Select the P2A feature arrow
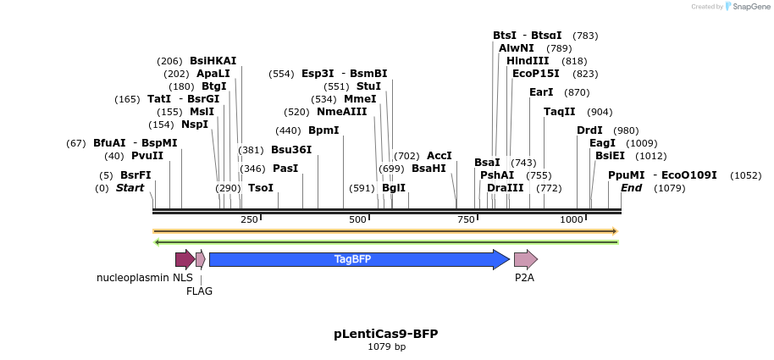[x=525, y=259]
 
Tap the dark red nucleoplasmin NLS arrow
[x=184, y=259]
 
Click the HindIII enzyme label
[x=528, y=61]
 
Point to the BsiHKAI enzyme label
[x=213, y=61]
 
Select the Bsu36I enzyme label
[x=291, y=150]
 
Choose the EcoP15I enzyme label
[x=536, y=74]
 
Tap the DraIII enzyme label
[x=506, y=187]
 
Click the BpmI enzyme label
[x=323, y=130]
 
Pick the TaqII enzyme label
[x=559, y=112]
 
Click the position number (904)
[x=600, y=112]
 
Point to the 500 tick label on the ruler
[x=357, y=220]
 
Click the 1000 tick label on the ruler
[x=572, y=220]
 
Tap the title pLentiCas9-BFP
[x=385, y=334]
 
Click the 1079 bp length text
[x=386, y=346]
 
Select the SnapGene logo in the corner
[x=745, y=7]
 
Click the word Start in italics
[x=130, y=187]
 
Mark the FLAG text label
[x=200, y=291]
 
